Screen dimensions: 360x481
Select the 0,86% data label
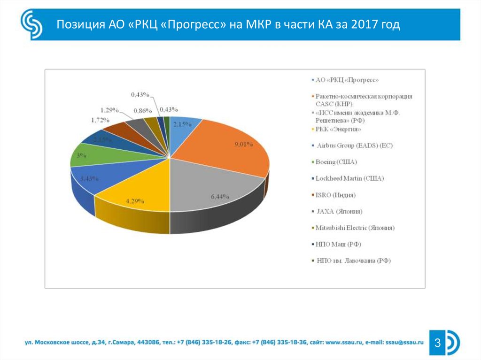click(x=142, y=111)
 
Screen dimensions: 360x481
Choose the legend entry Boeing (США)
click(x=337, y=162)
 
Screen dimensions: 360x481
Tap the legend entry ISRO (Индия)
click(x=335, y=195)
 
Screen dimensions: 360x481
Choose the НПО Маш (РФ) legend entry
click(x=339, y=244)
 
